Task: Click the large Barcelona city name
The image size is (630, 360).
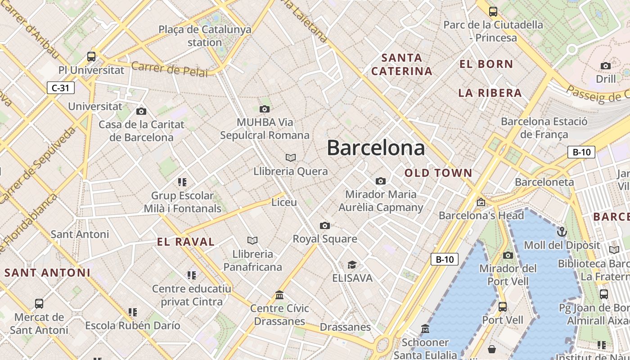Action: click(x=376, y=148)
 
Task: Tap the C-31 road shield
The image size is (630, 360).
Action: click(x=61, y=88)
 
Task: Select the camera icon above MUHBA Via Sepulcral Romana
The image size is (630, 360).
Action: click(x=265, y=109)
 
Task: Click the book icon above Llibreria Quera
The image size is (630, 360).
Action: click(x=291, y=157)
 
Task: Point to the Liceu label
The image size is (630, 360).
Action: click(x=284, y=202)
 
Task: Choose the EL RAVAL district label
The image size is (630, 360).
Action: click(x=186, y=242)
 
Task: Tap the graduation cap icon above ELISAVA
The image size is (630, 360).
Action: click(x=352, y=265)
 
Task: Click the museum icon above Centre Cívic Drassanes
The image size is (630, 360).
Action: click(x=279, y=295)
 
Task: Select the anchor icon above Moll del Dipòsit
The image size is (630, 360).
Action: click(x=562, y=232)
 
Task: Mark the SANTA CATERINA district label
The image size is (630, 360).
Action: click(x=402, y=64)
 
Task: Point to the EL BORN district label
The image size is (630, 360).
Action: click(x=486, y=64)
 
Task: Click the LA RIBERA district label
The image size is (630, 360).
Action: click(x=490, y=93)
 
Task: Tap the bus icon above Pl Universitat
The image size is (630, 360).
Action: click(x=91, y=57)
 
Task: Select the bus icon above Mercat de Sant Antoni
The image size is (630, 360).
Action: click(x=39, y=304)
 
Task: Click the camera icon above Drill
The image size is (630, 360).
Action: click(x=606, y=66)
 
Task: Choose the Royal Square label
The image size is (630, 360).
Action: click(x=325, y=239)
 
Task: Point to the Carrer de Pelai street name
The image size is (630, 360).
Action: click(x=170, y=69)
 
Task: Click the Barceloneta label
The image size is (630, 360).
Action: click(x=544, y=182)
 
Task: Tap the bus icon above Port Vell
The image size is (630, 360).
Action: click(x=503, y=307)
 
